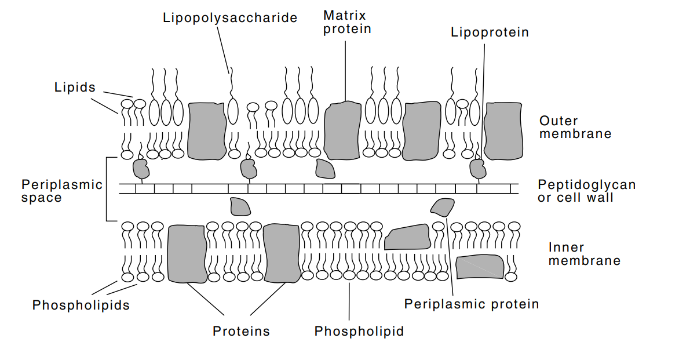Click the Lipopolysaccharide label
[230, 17]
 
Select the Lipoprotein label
[490, 32]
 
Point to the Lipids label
[75, 88]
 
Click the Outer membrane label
[575, 128]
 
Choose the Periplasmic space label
[61, 191]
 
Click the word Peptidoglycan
[586, 185]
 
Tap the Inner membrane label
[584, 254]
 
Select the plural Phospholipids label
[81, 305]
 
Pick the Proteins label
[241, 331]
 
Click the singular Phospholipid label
[359, 331]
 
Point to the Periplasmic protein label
[471, 304]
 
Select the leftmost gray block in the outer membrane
[207, 130]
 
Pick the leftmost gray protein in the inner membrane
[187, 253]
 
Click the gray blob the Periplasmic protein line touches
[443, 206]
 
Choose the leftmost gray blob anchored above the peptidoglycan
[141, 169]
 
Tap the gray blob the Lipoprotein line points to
[479, 169]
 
